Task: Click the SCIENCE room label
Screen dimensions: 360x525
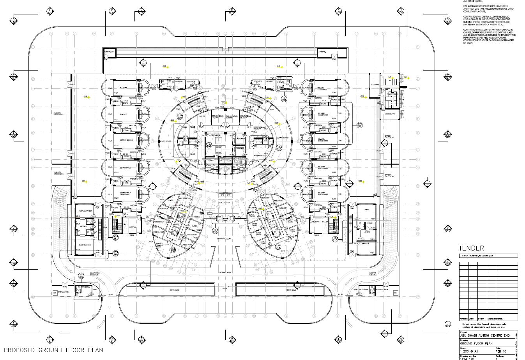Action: coord(123,115)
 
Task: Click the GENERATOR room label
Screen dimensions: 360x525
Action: coord(390,114)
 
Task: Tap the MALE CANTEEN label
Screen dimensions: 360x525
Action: coord(85,245)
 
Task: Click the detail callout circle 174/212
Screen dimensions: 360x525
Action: coord(359,125)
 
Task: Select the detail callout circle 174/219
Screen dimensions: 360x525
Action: coord(81,276)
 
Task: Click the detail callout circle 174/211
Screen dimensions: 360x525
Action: coord(284,99)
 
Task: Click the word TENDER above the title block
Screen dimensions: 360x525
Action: coord(471,248)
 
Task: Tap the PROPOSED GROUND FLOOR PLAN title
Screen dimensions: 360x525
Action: coord(53,350)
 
